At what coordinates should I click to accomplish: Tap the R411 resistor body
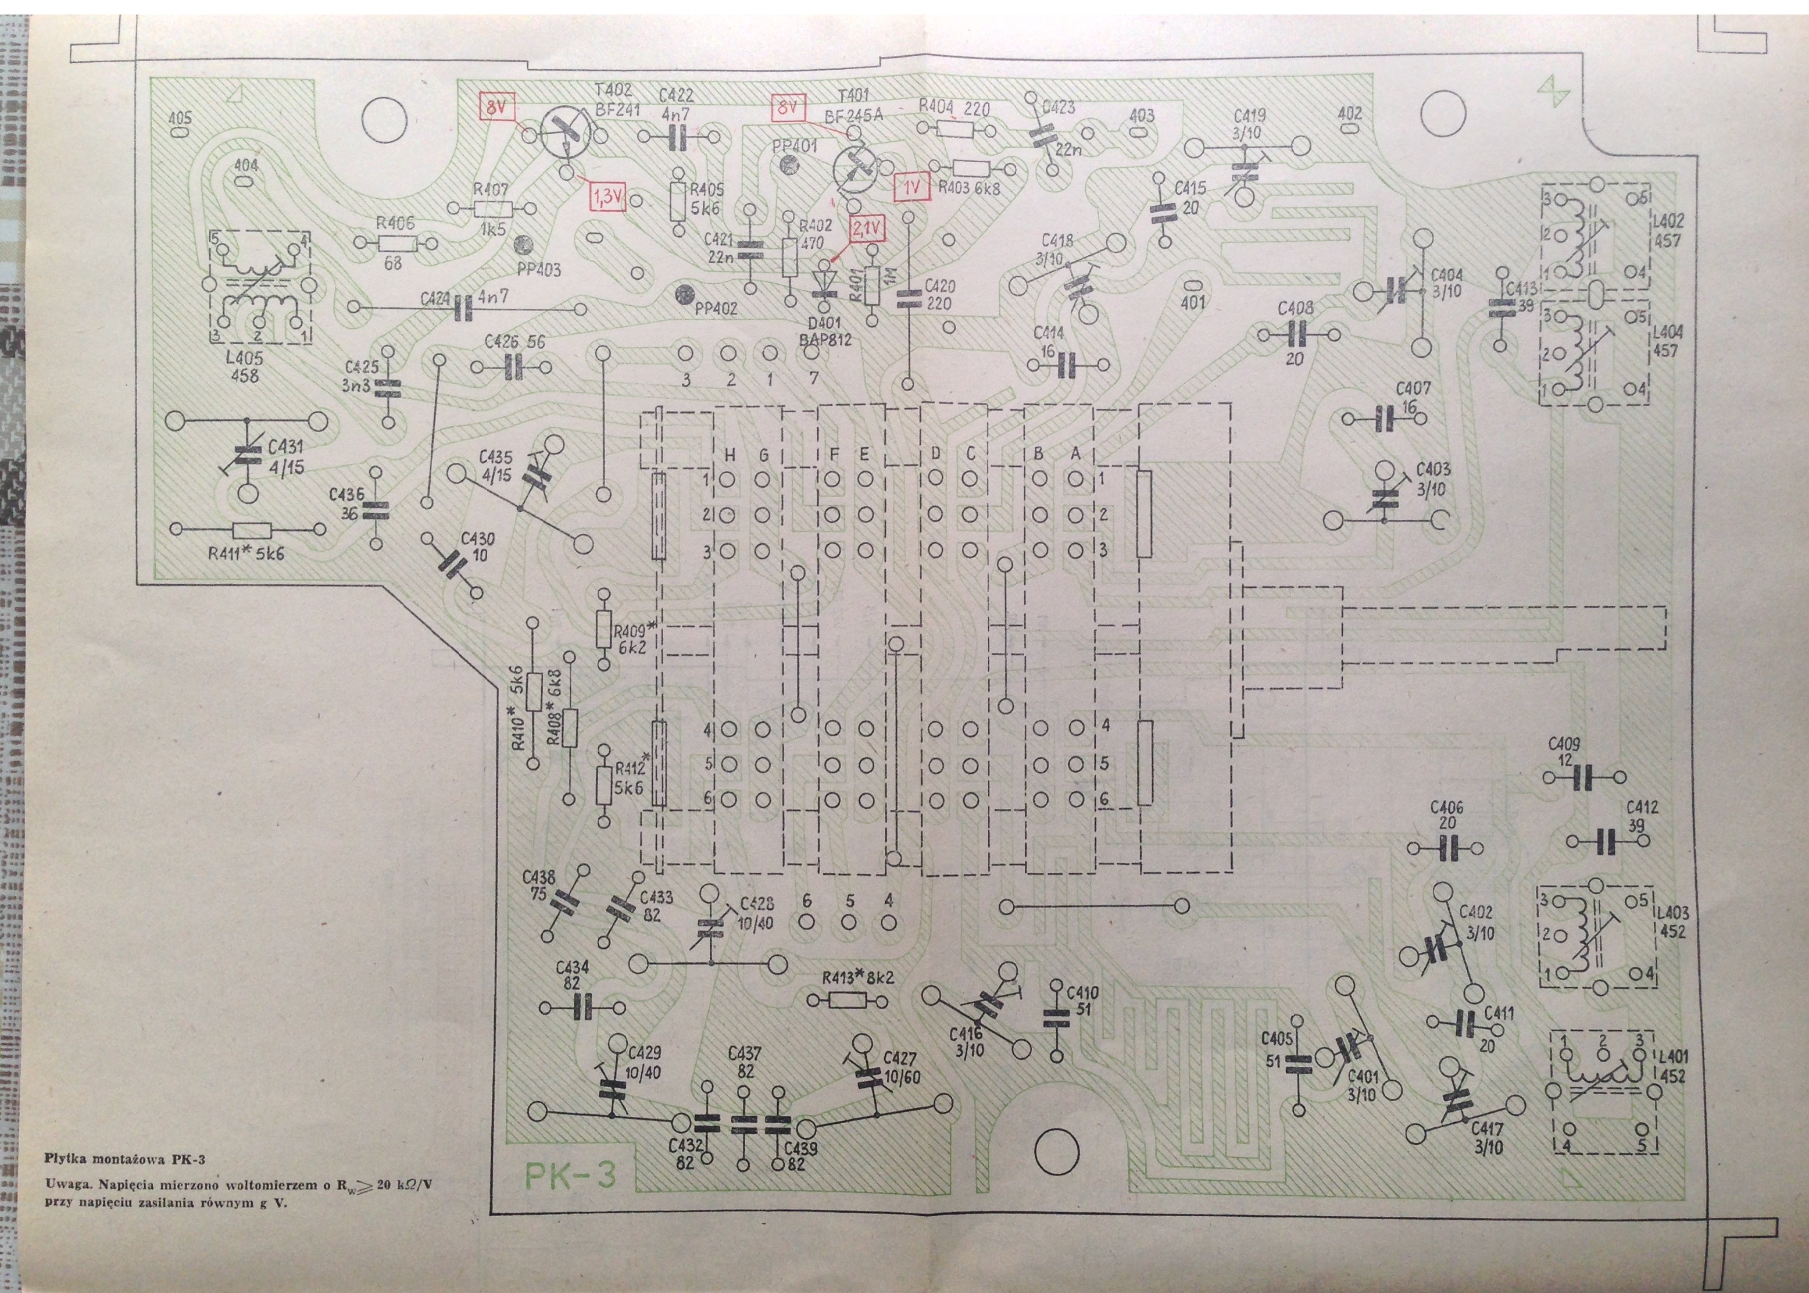[253, 530]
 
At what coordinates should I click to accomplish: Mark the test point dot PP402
[682, 295]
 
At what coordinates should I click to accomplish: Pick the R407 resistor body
[492, 209]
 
